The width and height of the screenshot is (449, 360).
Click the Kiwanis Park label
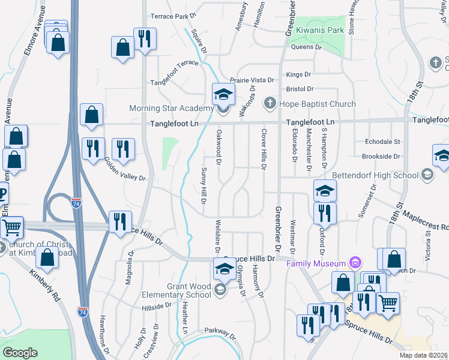point(318,29)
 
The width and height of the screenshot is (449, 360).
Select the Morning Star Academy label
point(172,109)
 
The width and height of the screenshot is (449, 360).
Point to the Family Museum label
point(316,264)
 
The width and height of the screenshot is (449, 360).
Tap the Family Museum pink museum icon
point(355,263)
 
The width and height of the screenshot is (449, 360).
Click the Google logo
point(20,353)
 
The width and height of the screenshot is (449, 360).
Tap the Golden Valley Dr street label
point(125,170)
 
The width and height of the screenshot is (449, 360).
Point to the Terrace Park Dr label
point(173,16)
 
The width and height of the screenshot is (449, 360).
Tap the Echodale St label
point(382,142)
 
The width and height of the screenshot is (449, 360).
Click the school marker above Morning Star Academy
point(223,95)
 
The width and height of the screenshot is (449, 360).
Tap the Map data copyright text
point(423,355)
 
